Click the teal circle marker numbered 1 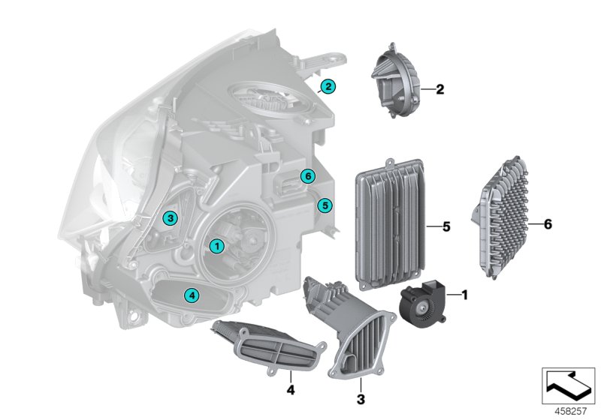click(x=216, y=245)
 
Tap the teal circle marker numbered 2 click(x=328, y=87)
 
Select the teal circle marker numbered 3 click(x=171, y=218)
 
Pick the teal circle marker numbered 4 click(x=192, y=295)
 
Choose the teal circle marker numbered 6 click(x=305, y=176)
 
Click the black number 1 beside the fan click(x=464, y=295)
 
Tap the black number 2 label click(x=440, y=90)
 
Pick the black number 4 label click(x=289, y=390)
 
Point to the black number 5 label click(x=445, y=225)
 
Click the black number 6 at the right click(x=548, y=223)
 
